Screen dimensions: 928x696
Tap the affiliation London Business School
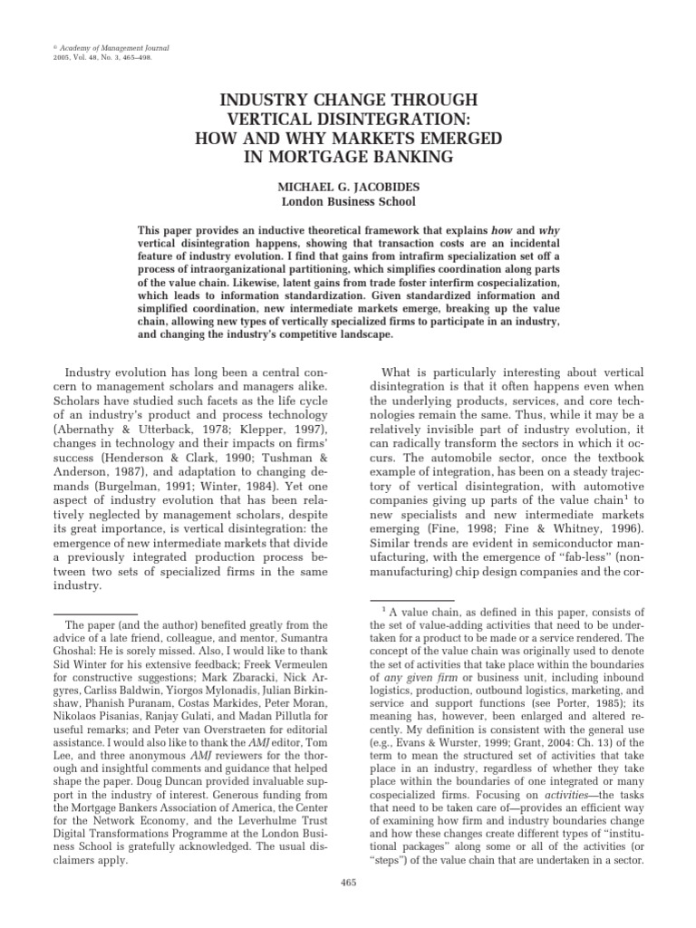(x=347, y=201)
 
